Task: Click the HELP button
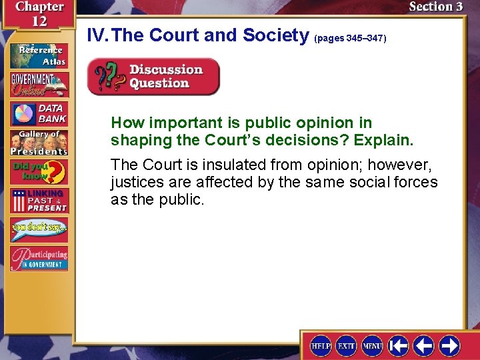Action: (321, 345)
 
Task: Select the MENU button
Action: (372, 345)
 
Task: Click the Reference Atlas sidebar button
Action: (39, 55)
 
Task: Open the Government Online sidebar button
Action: (39, 84)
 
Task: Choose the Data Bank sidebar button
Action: (39, 114)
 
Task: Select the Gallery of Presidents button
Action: (39, 143)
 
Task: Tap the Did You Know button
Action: (39, 172)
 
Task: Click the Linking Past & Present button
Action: (39, 201)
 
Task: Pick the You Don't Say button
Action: (39, 230)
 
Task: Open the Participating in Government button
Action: (39, 259)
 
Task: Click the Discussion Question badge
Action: (153, 77)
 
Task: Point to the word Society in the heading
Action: (273, 35)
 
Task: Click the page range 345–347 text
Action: (350, 39)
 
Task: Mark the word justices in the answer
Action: (141, 182)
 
